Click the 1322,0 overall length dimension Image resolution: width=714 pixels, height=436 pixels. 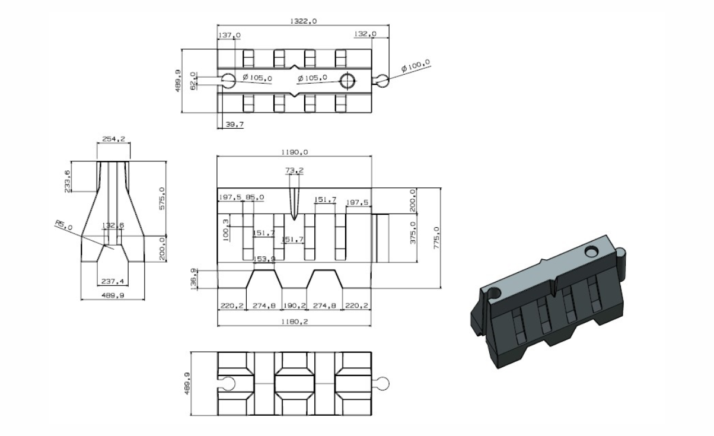303,21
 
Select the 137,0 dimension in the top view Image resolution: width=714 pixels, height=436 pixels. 230,35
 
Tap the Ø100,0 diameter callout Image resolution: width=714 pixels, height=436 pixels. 415,65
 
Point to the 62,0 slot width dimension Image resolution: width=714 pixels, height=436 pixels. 193,81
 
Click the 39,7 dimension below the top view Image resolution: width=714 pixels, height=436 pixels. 235,124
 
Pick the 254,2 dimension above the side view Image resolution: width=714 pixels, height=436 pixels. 113,139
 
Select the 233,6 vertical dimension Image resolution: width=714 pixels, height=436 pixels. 68,181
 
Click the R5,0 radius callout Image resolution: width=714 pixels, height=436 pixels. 64,225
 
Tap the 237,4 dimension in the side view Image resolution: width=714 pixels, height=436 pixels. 113,281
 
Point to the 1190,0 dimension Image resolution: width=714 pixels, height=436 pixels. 295,152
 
